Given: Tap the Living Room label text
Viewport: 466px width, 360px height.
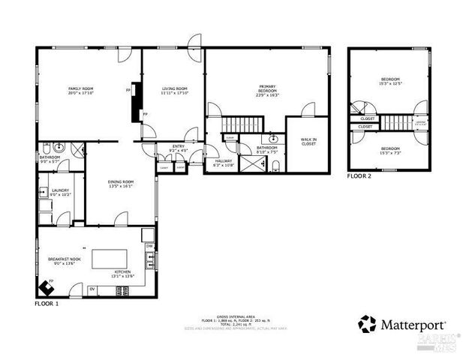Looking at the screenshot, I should (x=174, y=91).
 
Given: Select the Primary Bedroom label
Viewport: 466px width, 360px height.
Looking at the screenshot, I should (x=267, y=91).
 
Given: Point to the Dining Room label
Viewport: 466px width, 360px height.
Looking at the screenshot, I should (x=120, y=184).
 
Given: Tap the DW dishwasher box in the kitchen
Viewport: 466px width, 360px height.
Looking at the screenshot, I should (x=149, y=246).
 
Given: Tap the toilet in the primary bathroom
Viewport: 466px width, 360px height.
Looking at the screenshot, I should (x=275, y=165).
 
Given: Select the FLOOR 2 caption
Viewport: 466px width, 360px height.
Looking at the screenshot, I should (x=360, y=177).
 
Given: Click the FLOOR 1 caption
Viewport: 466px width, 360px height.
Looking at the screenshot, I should (x=47, y=304).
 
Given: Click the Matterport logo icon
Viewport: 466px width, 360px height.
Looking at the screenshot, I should (x=367, y=324).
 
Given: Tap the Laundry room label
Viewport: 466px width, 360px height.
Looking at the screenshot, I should (x=60, y=193).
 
